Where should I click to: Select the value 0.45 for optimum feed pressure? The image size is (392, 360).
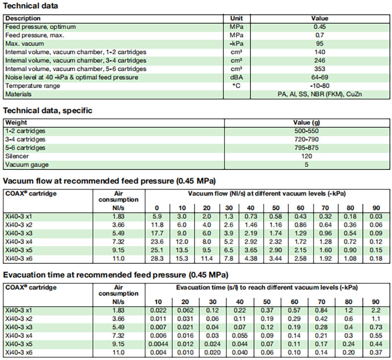coord(319,27)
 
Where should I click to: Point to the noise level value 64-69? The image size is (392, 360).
coord(319,77)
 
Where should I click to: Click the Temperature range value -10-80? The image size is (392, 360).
coord(319,86)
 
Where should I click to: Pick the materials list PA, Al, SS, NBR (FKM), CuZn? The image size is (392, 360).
coord(319,94)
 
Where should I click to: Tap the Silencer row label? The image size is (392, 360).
coord(16,156)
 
